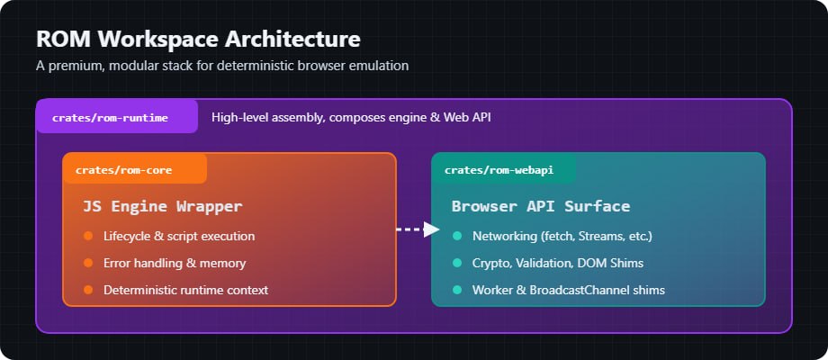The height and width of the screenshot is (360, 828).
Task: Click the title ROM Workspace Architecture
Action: click(x=198, y=40)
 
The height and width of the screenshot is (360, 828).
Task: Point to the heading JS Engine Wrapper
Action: click(x=162, y=206)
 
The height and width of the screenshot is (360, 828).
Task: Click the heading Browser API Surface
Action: click(x=540, y=206)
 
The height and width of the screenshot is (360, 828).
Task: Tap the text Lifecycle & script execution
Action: click(x=179, y=236)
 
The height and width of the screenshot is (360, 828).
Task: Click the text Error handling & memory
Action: click(x=175, y=263)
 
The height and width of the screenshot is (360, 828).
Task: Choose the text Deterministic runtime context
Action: click(x=185, y=290)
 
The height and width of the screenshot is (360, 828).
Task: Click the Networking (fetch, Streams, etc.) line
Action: click(x=562, y=236)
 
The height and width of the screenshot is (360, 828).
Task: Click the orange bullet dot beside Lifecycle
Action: click(x=88, y=236)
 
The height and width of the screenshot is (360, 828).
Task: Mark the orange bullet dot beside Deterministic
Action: click(x=88, y=290)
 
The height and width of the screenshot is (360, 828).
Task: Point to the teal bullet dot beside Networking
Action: click(x=457, y=236)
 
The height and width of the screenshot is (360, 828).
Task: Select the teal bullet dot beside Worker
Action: click(x=457, y=290)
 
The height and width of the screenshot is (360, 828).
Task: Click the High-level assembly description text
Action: click(x=351, y=117)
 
